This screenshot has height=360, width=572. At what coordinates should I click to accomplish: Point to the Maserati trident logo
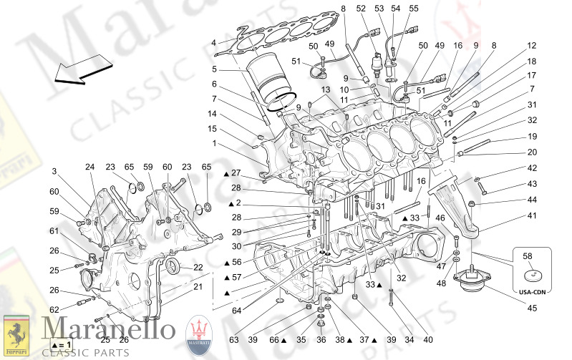[198, 335]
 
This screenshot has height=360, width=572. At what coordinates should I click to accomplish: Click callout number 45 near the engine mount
[531, 308]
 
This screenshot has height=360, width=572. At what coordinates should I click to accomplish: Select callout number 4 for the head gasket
[213, 43]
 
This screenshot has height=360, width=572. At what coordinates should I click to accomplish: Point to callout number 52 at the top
[360, 9]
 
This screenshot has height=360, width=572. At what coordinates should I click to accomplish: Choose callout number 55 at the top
[413, 9]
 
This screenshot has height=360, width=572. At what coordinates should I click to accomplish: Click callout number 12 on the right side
[531, 45]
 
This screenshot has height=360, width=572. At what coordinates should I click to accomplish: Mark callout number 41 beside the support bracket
[531, 215]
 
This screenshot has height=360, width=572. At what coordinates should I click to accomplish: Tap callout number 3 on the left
[54, 172]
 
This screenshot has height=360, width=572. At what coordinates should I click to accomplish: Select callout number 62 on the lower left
[54, 310]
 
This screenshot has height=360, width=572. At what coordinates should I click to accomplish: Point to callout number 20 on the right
[531, 152]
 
